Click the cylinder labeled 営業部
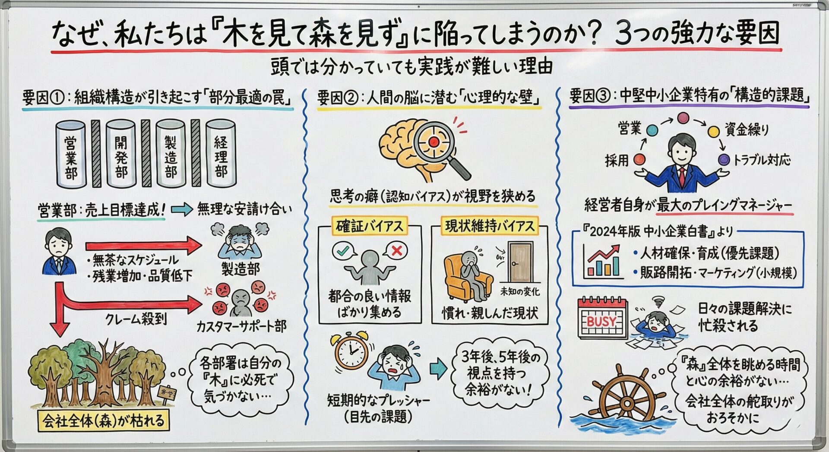tap(71, 155)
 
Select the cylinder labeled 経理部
tap(221, 154)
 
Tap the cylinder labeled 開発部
tap(121, 154)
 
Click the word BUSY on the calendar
tap(601, 321)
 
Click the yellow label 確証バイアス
tap(369, 226)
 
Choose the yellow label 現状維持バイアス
tap(489, 226)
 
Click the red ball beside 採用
tap(639, 160)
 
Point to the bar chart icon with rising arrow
tap(602, 260)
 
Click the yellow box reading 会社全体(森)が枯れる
tap(104, 420)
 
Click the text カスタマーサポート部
tap(241, 326)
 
